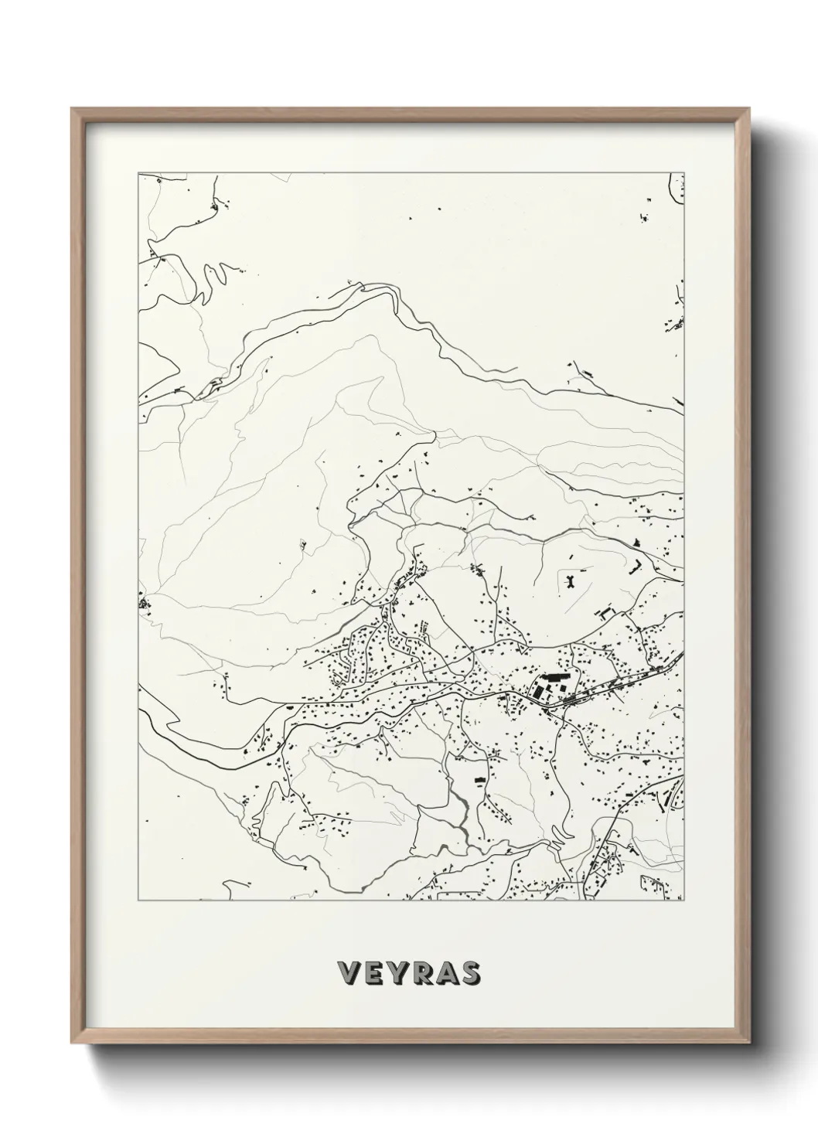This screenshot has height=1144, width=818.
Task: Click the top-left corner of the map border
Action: [x=138, y=173]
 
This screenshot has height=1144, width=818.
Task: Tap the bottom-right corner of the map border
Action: [x=684, y=901]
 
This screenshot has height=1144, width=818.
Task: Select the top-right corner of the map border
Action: [x=684, y=173]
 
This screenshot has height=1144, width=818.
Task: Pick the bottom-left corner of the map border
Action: [x=138, y=901]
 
